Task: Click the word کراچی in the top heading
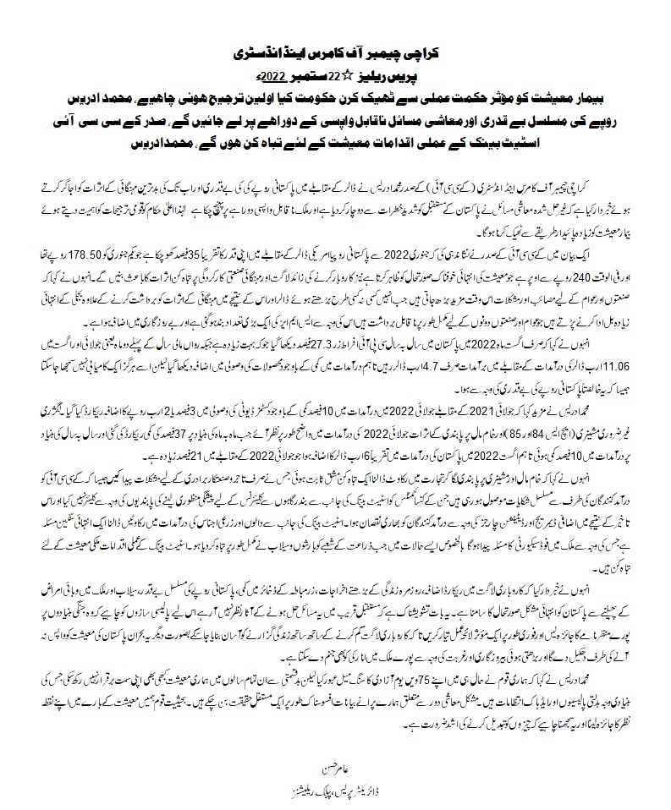[417, 52]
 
